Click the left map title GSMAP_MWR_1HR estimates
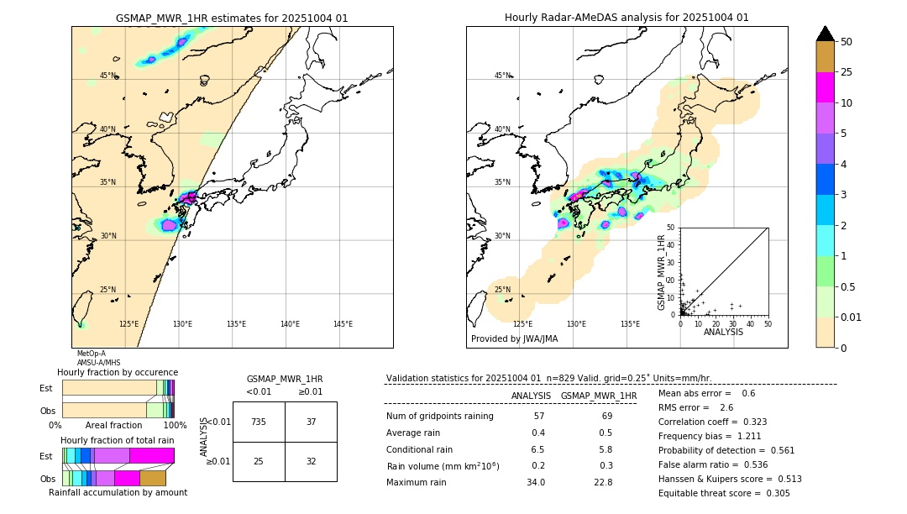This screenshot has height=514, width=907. coord(232,18)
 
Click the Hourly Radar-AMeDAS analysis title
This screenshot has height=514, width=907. coord(627,18)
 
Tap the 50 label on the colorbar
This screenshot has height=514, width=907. coord(847,41)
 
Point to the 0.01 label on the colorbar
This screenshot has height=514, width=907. coord(852,317)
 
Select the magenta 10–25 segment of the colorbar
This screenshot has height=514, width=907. coord(826,87)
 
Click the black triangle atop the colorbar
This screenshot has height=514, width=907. coord(826,34)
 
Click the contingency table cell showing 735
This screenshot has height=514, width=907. coord(259,422)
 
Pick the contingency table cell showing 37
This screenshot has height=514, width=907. coord(311,422)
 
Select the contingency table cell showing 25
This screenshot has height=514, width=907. coord(259,461)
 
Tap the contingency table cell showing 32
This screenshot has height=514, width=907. coord(311,461)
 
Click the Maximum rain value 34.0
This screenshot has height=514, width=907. coord(535,482)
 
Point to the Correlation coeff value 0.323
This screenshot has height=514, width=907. coord(749,422)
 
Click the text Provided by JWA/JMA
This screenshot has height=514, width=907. coord(514,339)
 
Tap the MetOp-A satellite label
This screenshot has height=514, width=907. coord(92,354)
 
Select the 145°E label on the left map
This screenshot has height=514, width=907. coord(343,324)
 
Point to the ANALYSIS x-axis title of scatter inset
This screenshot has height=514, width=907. coord(723,332)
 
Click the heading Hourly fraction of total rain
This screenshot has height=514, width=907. coord(117,440)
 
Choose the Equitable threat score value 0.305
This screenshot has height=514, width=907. coord(772,493)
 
